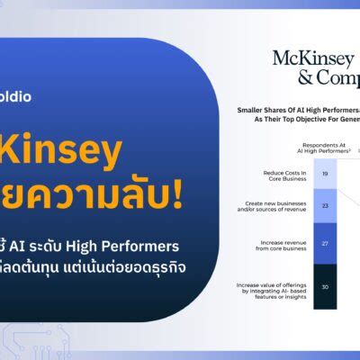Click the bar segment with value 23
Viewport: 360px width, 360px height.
pyautogui.click(x=325, y=206)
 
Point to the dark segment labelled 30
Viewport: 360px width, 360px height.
pyautogui.click(x=325, y=287)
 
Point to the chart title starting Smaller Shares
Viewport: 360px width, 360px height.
pyautogui.click(x=297, y=110)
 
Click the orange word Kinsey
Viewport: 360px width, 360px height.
pyautogui.click(x=64, y=155)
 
